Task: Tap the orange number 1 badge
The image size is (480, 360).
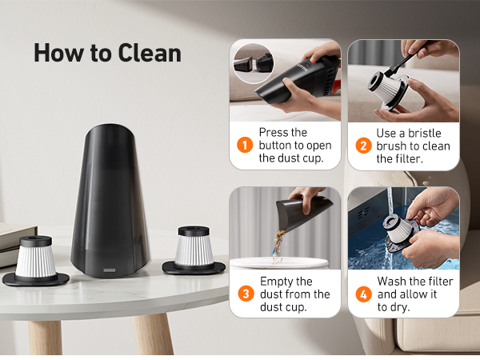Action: (244, 146)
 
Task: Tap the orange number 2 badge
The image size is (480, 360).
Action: (362, 146)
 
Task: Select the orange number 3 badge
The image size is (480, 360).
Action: (244, 294)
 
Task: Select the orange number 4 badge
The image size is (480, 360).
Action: (362, 294)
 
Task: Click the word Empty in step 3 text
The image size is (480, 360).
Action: (277, 281)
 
